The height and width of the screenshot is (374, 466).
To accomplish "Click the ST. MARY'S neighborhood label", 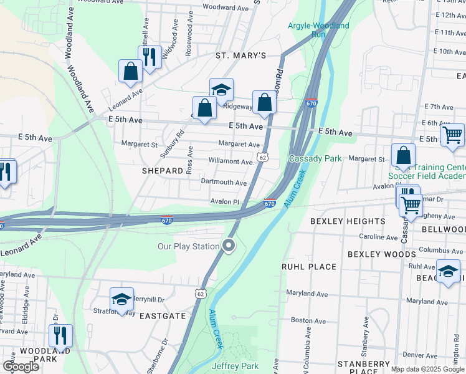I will [x=240, y=55].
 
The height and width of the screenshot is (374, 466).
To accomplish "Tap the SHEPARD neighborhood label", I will [x=162, y=170].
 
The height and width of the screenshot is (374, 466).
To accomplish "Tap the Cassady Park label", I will [x=315, y=158].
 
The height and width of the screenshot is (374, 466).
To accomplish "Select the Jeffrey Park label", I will [x=235, y=366].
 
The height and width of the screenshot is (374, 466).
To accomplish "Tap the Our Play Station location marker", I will [x=229, y=246].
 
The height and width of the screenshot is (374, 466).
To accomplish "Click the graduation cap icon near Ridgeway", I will [x=221, y=90].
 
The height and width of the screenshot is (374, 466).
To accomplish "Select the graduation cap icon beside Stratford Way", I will [x=121, y=298].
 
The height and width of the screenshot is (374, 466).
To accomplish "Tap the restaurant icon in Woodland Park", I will [x=60, y=335].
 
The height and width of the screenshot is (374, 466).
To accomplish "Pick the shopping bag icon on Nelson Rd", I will [x=264, y=102].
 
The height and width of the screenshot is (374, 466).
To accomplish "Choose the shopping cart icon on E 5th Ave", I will [x=452, y=135].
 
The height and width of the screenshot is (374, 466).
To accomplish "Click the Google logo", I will [x=21, y=367].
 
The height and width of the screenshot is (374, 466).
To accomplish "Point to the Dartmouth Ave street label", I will [x=224, y=183].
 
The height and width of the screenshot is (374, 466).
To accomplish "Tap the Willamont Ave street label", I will [x=230, y=161].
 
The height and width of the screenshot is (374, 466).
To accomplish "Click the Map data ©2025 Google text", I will [x=427, y=369].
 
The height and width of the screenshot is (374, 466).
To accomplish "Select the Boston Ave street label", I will [x=309, y=320].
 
